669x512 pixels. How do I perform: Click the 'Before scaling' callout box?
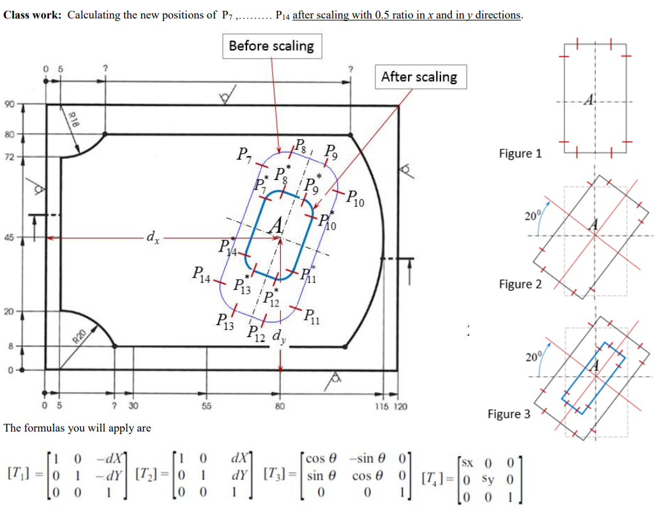pyautogui.click(x=271, y=46)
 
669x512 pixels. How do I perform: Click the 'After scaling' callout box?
pyautogui.click(x=419, y=77)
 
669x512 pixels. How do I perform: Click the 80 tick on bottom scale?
pyautogui.click(x=280, y=406)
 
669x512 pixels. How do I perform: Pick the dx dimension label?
pyautogui.click(x=153, y=238)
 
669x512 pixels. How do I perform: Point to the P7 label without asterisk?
pyautogui.click(x=243, y=154)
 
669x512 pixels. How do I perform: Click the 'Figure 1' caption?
pyautogui.click(x=520, y=153)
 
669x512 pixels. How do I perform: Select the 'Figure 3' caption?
pyautogui.click(x=509, y=414)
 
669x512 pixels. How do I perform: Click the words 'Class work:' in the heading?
pyautogui.click(x=33, y=15)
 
